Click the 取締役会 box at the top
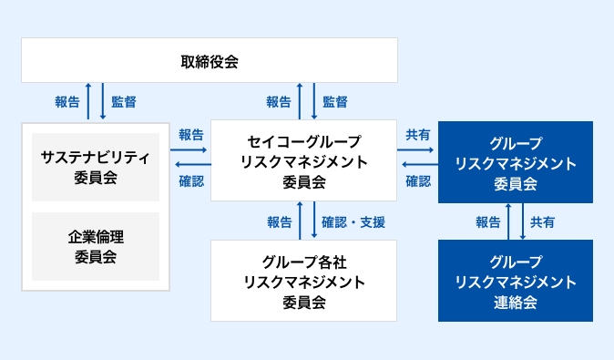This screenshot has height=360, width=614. [x=210, y=61]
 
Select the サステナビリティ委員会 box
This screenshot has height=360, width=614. [x=96, y=167]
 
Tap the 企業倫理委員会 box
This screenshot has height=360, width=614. [x=96, y=246]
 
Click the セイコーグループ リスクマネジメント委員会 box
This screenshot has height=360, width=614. [x=303, y=160]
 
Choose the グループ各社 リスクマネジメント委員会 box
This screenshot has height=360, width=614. [x=303, y=281]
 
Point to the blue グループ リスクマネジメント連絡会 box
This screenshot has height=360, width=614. [x=515, y=281]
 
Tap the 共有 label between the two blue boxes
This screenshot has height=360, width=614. [x=543, y=221]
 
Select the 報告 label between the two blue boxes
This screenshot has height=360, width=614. [x=487, y=221]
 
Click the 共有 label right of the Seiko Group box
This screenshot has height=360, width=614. [x=418, y=135]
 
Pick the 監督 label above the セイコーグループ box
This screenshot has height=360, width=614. [x=334, y=102]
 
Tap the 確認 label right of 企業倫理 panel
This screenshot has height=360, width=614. [x=191, y=180]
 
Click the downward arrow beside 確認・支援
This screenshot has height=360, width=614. [x=314, y=221]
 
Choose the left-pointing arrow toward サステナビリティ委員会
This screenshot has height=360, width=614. [x=191, y=165]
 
